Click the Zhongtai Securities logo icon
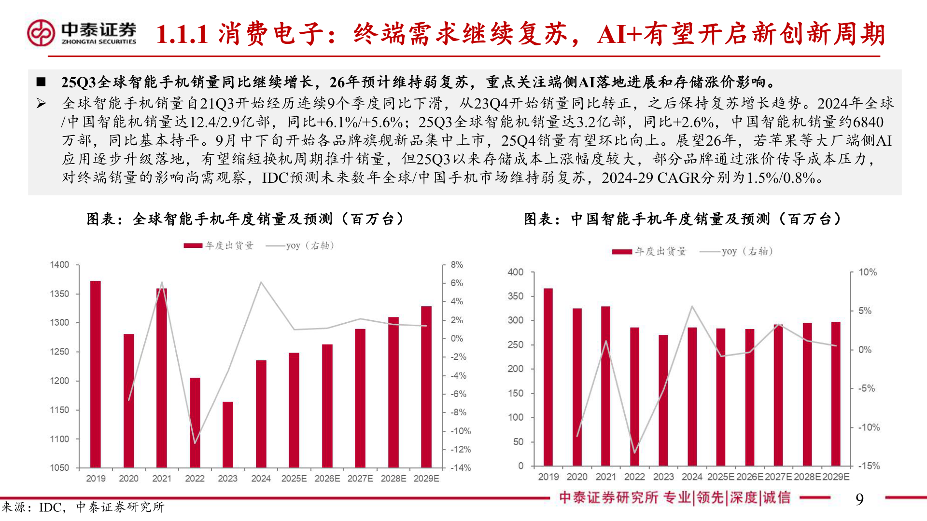[41, 33]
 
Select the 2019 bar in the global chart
[96, 374]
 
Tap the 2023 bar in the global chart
[227, 434]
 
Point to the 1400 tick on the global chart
[60, 265]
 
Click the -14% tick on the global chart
[461, 467]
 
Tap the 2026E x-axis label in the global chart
[327, 479]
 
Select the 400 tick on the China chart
[515, 272]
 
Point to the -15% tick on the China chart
[869, 466]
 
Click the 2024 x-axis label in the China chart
[692, 477]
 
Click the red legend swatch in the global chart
[193, 246]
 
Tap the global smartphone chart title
[245, 219]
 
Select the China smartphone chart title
[682, 219]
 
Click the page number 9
[859, 499]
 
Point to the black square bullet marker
[41, 82]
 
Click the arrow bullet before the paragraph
[42, 103]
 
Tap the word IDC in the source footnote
[50, 507]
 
